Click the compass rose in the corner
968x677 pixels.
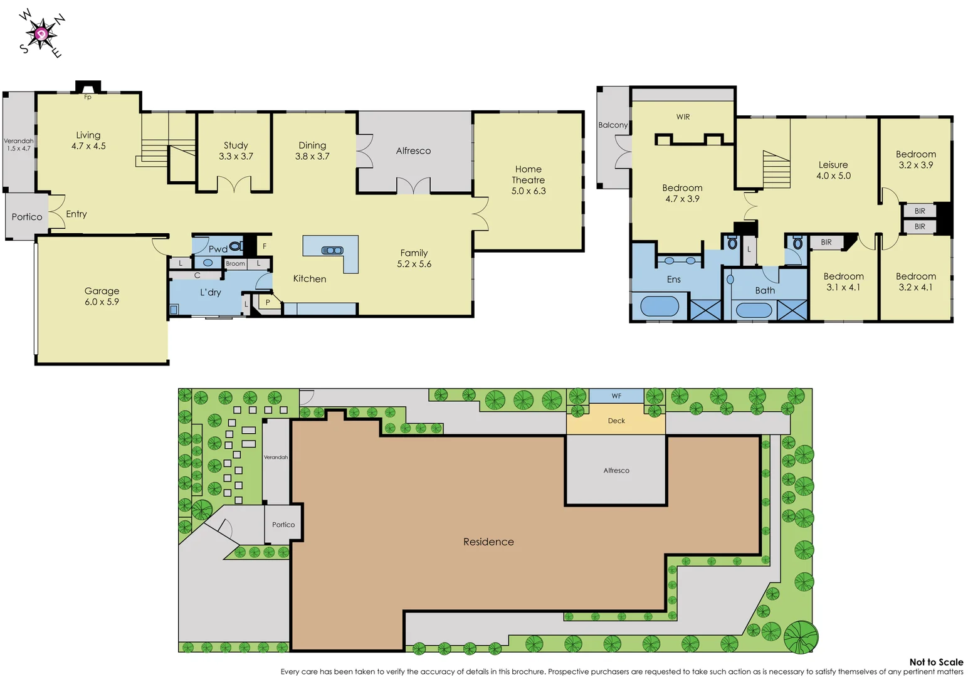(42, 34)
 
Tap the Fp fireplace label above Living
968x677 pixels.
(88, 97)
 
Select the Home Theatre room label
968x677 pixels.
(529, 180)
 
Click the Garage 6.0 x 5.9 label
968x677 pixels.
(102, 296)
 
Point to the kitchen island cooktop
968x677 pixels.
(332, 250)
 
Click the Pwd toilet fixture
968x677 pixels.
(237, 246)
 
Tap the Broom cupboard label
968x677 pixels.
(235, 264)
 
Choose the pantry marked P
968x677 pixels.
(268, 303)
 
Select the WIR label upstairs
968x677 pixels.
(683, 117)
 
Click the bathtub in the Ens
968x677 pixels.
(660, 307)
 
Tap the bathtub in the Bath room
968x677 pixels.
(754, 310)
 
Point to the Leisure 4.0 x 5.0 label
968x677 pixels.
(833, 170)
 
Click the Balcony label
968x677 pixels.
(613, 125)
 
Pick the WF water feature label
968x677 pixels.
(616, 396)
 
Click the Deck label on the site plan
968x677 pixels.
(616, 421)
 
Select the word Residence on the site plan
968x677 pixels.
(488, 542)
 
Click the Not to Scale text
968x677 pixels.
(936, 662)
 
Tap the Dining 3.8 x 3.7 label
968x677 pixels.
(312, 150)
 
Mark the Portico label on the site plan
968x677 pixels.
(283, 525)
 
